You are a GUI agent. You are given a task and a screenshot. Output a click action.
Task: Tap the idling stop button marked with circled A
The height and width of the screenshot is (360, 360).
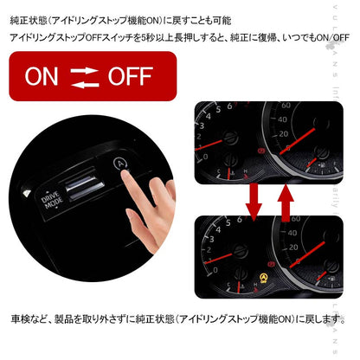click(119, 163)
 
